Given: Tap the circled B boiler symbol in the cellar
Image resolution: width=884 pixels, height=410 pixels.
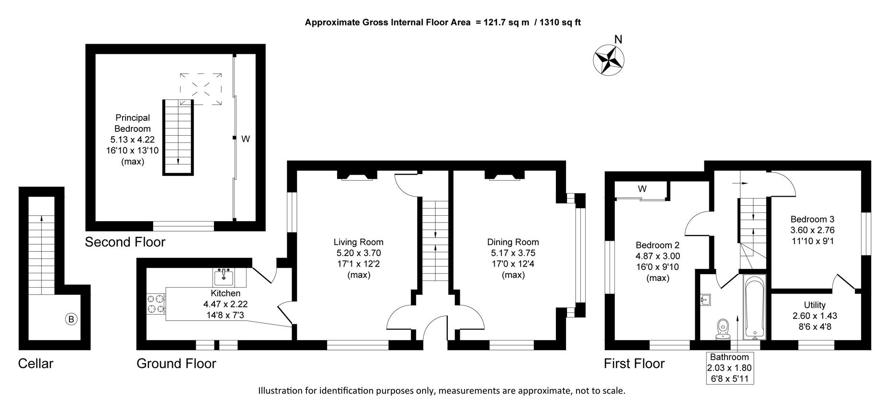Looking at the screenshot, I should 71,319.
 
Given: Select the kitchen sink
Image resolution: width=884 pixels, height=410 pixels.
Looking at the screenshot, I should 224,277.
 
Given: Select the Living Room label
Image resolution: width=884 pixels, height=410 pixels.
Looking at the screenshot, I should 358,242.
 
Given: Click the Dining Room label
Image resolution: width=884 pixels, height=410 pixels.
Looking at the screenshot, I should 513,242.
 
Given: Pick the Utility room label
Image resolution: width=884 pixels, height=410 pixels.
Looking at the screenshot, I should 815,305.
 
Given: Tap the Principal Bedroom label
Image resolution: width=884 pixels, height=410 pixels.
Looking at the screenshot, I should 133,123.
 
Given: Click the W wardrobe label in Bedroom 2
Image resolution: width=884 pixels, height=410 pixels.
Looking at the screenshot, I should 642,189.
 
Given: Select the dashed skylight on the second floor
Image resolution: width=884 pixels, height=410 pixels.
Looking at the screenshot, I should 201,87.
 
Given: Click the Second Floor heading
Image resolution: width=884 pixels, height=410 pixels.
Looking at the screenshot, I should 125,242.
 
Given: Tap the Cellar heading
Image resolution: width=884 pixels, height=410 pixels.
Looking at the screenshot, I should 35,363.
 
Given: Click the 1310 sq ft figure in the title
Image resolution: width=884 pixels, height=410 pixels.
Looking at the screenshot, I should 560,22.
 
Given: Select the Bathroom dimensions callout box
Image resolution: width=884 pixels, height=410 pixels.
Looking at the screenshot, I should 729,368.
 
